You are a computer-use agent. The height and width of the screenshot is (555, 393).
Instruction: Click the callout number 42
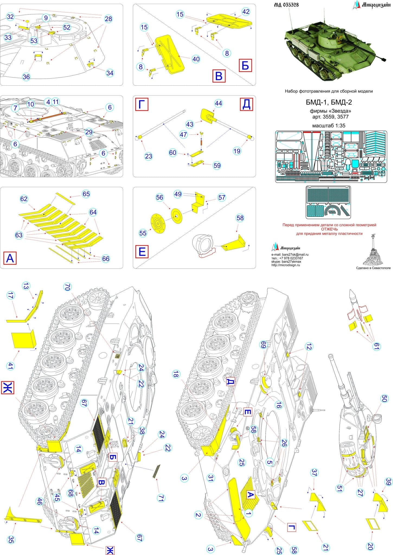pos(246,12)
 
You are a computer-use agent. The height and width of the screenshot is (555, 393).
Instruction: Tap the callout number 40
pos(196,59)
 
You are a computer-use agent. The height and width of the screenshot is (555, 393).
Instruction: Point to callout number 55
pos(143,233)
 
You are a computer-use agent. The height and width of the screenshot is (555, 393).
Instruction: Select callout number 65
pos(86,194)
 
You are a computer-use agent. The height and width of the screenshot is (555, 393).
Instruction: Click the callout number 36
pos(26,77)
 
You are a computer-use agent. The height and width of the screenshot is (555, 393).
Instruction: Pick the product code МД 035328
pos(287,5)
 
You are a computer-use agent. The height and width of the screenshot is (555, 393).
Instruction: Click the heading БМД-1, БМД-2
pos(329,102)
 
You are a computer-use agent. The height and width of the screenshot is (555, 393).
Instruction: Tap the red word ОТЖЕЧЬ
pos(329,229)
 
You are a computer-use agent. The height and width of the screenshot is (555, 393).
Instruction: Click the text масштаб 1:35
pos(329,126)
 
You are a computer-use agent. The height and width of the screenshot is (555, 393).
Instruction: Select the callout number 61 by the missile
pos(376,346)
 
